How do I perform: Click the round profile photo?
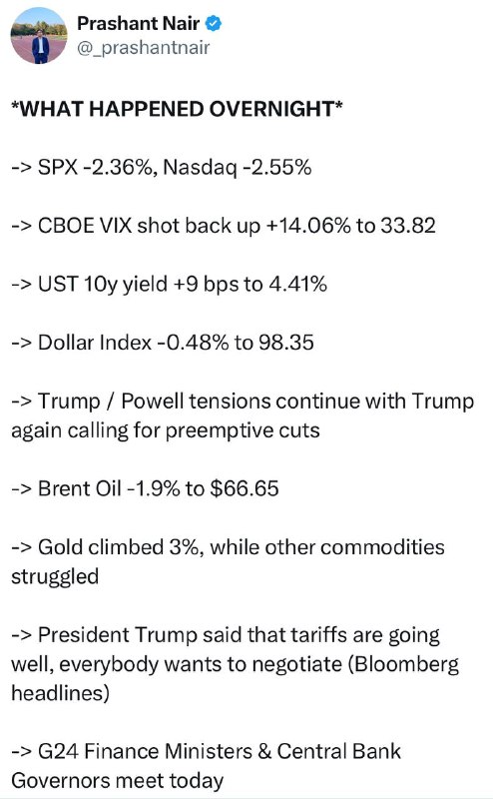point(39,36)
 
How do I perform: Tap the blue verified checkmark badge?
point(214,23)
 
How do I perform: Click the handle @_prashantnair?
point(143,48)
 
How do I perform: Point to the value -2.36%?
point(120,167)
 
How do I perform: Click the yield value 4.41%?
point(298,284)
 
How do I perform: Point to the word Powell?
point(153,401)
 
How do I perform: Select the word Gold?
point(61,547)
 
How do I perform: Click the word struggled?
point(55,577)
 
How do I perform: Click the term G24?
point(58,752)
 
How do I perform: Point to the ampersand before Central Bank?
point(264,752)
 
